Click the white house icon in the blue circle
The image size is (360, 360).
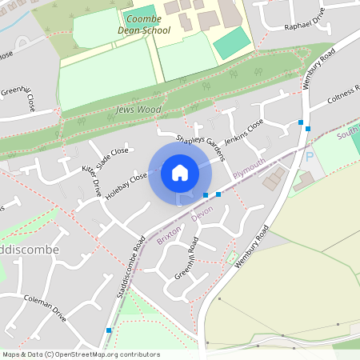[180, 173]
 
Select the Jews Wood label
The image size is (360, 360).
[138, 109]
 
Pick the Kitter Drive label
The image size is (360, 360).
[91, 182]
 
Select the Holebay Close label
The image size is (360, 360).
[128, 186]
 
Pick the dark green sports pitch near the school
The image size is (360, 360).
[232, 43]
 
